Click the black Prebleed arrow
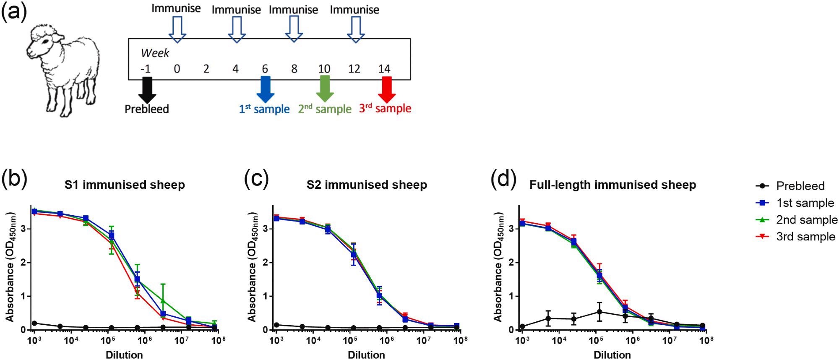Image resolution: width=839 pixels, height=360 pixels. [147, 89]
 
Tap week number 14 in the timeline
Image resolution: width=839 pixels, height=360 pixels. [384, 69]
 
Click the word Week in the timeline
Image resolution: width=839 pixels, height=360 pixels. [155, 53]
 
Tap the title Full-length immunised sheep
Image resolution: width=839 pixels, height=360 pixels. [612, 185]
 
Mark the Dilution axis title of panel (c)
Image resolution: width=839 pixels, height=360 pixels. [366, 355]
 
